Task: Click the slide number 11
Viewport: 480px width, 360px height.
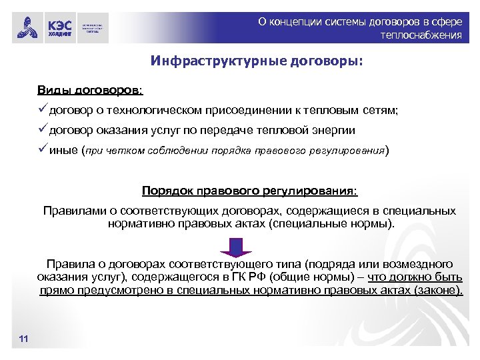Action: point(24,341)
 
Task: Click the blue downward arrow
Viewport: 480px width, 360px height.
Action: point(235,247)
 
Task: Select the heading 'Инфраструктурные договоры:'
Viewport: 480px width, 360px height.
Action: point(257,62)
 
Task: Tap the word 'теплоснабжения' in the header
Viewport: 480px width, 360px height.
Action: point(421,35)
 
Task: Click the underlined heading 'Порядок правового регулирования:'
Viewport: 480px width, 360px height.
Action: point(250,191)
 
